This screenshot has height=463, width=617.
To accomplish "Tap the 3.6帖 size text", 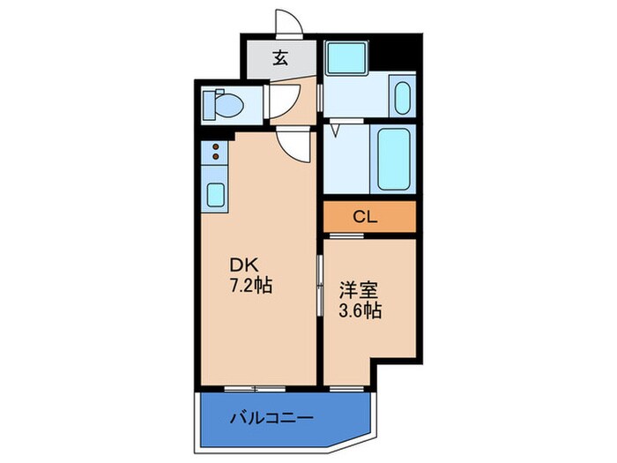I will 360,310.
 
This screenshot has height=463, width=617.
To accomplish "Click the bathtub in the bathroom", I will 393,160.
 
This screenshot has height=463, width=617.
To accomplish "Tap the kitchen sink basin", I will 214,194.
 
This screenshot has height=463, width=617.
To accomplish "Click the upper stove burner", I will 214,148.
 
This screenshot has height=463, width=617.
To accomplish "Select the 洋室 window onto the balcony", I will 344,387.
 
